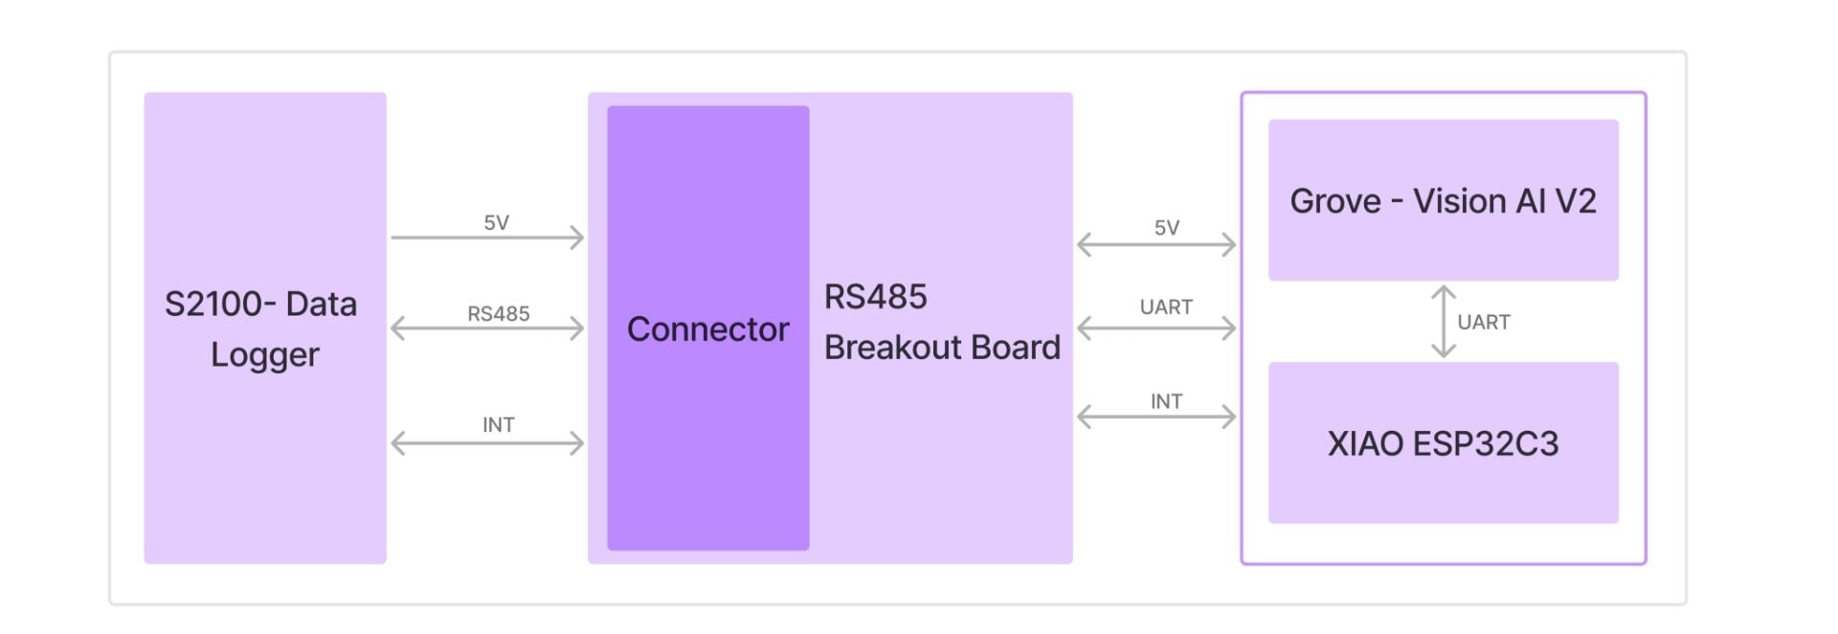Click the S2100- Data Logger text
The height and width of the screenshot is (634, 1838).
click(x=261, y=328)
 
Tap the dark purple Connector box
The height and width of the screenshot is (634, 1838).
click(x=707, y=328)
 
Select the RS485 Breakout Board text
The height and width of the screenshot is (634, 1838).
click(x=942, y=322)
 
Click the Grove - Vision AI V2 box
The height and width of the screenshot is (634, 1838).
click(x=1443, y=200)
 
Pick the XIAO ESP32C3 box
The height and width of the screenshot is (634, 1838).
click(x=1443, y=442)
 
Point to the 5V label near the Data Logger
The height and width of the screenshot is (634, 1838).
click(x=496, y=222)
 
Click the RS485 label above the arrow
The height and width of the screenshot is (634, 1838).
click(x=498, y=313)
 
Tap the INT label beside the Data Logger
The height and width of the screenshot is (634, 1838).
click(x=498, y=424)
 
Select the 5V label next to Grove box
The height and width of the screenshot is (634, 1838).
click(x=1166, y=227)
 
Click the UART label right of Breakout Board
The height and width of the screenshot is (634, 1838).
click(x=1166, y=306)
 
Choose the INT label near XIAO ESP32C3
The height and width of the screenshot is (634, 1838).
click(x=1166, y=401)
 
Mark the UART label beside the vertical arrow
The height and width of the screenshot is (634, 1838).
click(x=1483, y=322)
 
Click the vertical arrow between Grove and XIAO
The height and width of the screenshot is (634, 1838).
click(x=1443, y=322)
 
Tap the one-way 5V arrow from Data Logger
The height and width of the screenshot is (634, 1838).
click(x=487, y=238)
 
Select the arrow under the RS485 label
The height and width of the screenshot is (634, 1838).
click(x=487, y=328)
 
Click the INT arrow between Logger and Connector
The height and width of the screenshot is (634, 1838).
click(x=487, y=443)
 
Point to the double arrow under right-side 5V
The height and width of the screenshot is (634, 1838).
click(x=1156, y=245)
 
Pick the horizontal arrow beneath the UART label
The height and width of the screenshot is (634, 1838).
click(x=1156, y=328)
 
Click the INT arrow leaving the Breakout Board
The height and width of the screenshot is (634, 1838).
click(x=1156, y=417)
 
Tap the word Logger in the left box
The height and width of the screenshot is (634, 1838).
click(x=265, y=354)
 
